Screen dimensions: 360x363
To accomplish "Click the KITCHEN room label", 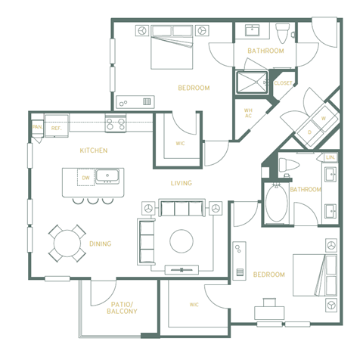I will pos(94,151).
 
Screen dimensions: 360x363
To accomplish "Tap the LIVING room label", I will pos(181,183).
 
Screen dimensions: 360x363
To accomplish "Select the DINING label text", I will pos(100,244).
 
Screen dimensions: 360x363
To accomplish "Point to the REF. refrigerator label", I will pos(56,129).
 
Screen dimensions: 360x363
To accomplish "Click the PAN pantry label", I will pos(36,127).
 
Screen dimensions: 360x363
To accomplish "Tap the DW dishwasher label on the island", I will pos(85,178).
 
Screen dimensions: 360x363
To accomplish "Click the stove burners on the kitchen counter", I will pos(115,123).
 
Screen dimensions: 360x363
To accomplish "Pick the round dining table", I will pos(66,244).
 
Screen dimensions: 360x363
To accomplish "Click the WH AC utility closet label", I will pos(248,113).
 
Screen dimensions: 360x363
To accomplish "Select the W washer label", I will pos(324,118).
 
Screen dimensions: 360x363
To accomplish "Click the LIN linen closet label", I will pos(330,157).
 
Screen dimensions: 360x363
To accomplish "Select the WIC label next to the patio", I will pos(194,305).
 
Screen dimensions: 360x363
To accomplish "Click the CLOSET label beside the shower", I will pos(283,83).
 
